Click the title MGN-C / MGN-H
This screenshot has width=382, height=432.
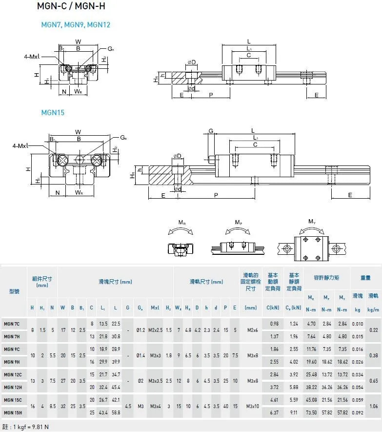pos(71,6)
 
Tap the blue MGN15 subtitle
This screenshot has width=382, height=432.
pos(53,113)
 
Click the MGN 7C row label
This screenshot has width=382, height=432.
pos(12,324)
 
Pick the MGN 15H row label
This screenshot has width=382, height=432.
pos(13,413)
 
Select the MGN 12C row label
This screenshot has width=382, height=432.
pos(13,374)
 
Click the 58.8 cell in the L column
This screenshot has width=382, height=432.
pos(116,413)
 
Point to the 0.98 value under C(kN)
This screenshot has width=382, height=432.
pos(274,324)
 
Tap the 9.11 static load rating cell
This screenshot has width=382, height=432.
pos(294,413)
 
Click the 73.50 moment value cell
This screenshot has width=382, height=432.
pos(311,413)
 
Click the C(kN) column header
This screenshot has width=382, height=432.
pos(274,308)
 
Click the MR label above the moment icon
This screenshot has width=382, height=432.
pos(181,223)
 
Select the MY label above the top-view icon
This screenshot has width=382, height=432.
pos(311,221)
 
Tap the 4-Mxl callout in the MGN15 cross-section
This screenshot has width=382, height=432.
pos(20,145)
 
